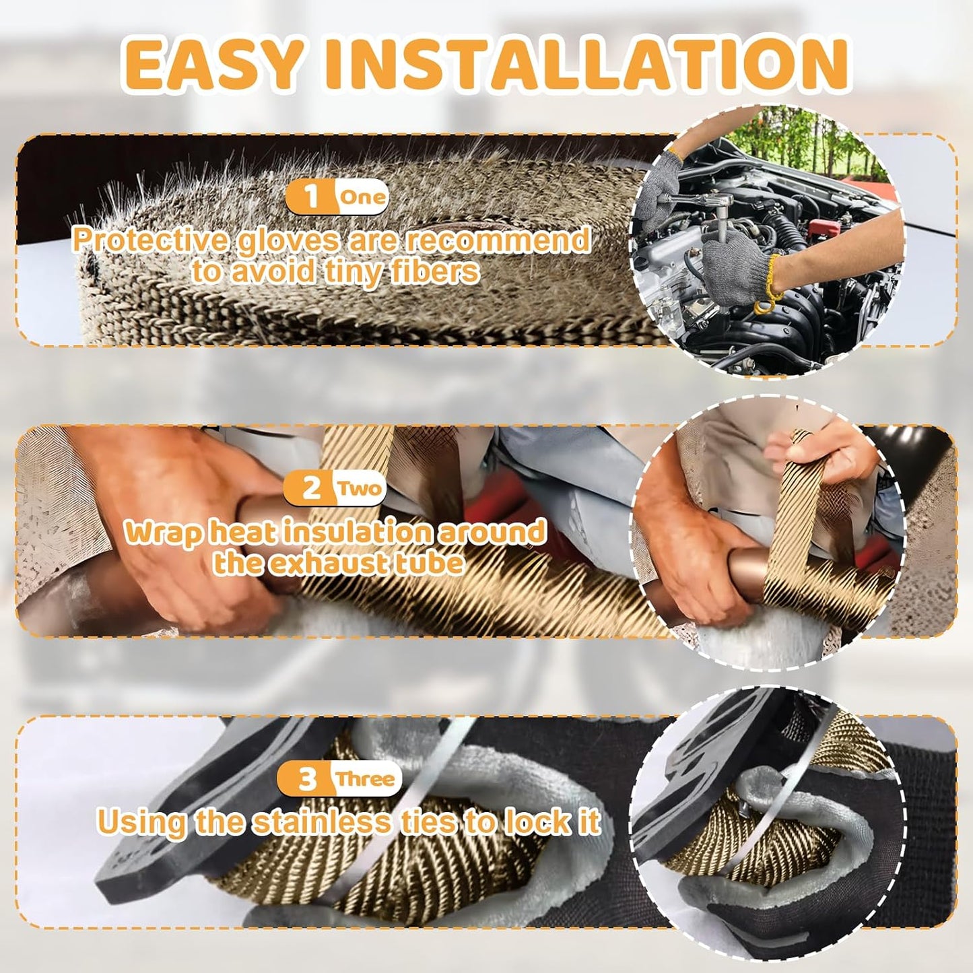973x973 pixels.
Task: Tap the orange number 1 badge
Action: point(310,197)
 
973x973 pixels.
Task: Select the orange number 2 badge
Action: point(310,488)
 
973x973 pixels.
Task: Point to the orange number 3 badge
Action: point(307,779)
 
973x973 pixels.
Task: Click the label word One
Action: point(362,197)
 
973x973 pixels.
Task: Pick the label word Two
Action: point(360,488)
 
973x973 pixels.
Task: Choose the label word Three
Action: point(365,779)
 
